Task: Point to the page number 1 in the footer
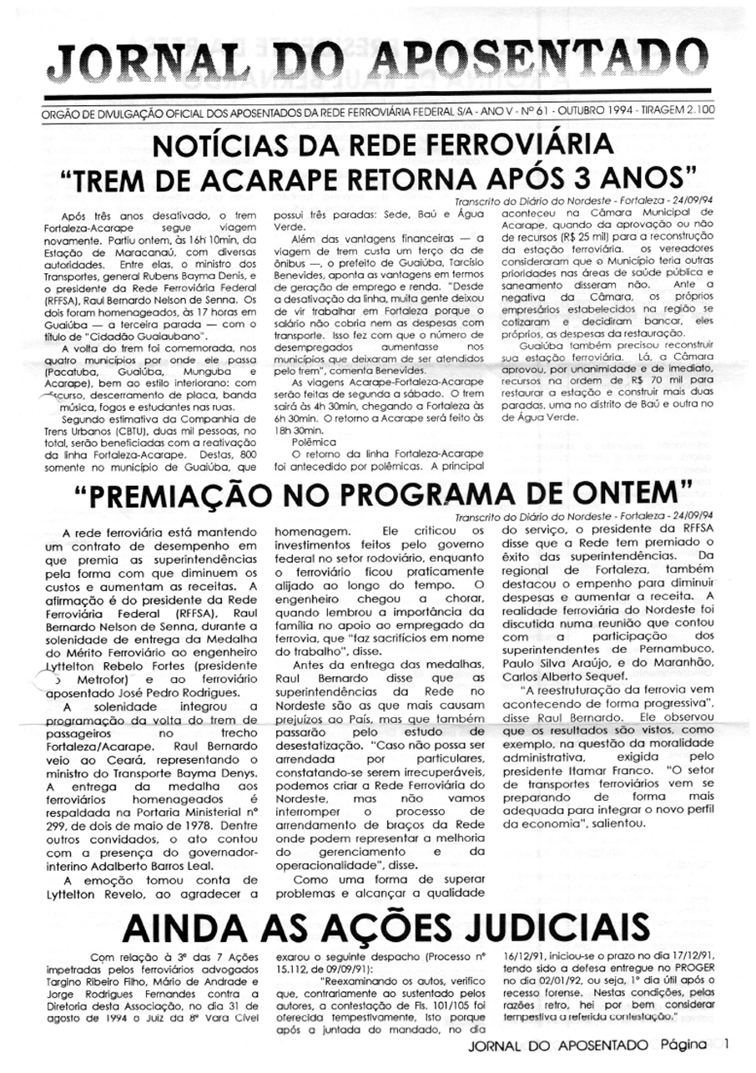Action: [727, 1043]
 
